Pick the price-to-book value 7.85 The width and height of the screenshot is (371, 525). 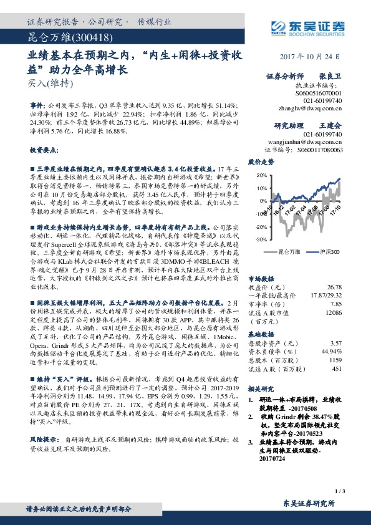tap(337, 304)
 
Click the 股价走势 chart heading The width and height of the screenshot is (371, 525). tap(261, 161)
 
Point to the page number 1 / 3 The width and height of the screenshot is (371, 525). tap(339, 492)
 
